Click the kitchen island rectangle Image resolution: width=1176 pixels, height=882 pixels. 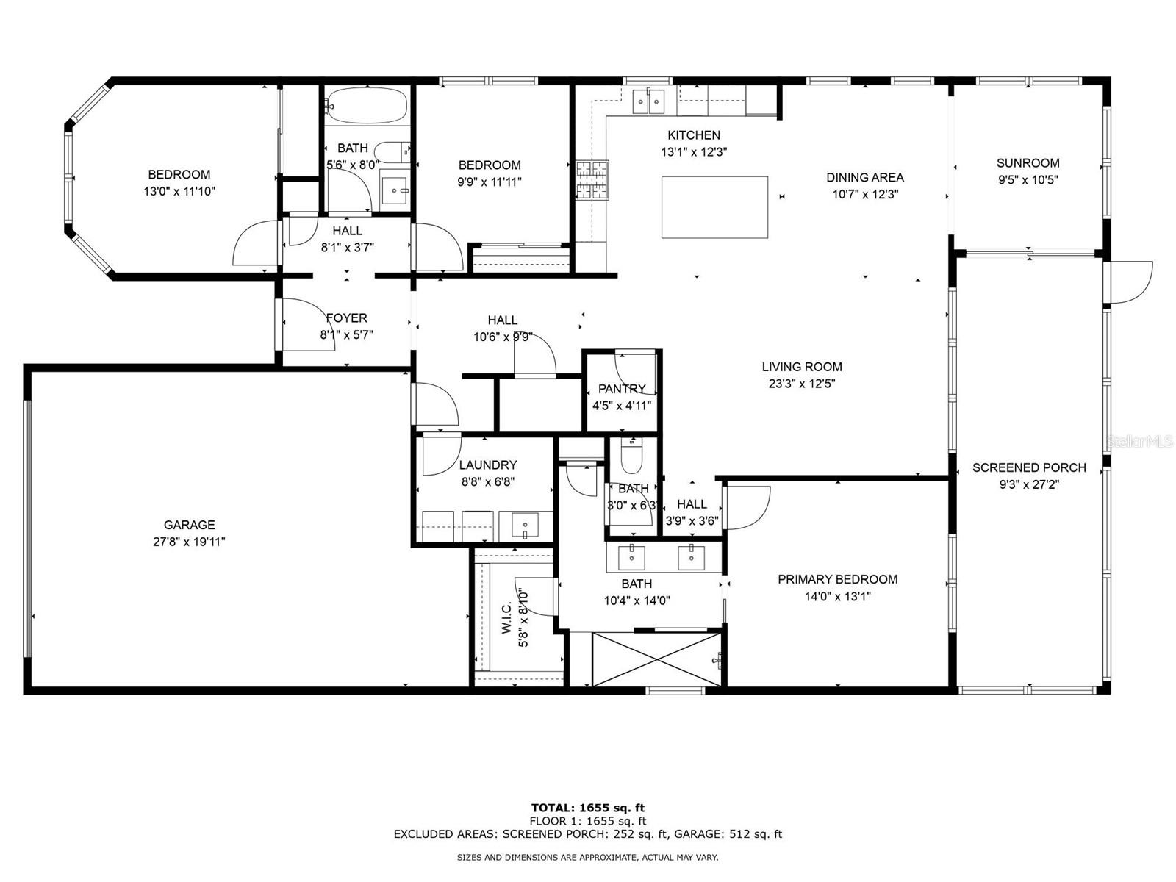(x=714, y=207)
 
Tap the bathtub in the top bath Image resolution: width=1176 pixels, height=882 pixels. (x=367, y=105)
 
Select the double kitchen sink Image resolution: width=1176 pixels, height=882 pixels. (x=648, y=101)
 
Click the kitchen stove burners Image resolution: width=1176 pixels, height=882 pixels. (x=592, y=180)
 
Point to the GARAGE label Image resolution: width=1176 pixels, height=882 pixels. (x=189, y=525)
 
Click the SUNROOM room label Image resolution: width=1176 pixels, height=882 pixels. (x=1028, y=162)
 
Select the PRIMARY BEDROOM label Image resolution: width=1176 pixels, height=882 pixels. (x=837, y=579)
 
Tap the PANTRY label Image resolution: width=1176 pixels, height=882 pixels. (x=622, y=388)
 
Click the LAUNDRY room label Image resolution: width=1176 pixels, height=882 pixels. (x=487, y=465)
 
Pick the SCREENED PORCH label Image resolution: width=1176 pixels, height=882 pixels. (x=1029, y=467)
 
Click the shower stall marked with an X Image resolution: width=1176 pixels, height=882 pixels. (x=656, y=659)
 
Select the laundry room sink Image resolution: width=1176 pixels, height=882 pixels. (x=525, y=526)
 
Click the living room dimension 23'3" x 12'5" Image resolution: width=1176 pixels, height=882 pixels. (x=801, y=384)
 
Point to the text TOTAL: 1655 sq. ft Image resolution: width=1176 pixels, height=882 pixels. (x=588, y=808)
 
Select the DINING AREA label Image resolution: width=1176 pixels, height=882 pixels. (x=864, y=177)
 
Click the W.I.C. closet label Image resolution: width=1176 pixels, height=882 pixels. (x=507, y=617)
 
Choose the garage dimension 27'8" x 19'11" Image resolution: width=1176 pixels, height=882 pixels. (x=189, y=542)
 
